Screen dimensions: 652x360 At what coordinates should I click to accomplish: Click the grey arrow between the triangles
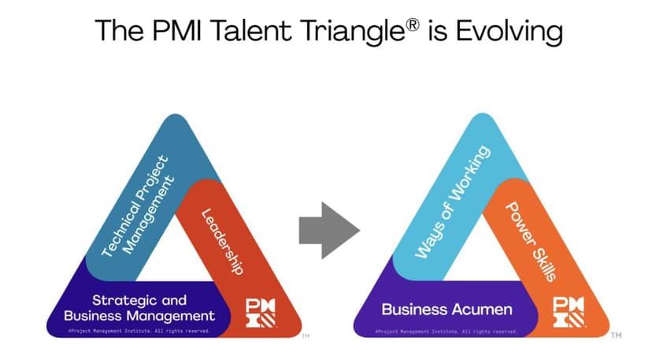click(329, 230)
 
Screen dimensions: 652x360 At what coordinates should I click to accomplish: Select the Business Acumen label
click(447, 310)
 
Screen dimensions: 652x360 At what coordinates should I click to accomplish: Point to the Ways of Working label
click(453, 202)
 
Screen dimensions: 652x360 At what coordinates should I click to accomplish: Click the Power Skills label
click(531, 242)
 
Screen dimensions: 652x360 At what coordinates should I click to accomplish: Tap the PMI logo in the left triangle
click(261, 313)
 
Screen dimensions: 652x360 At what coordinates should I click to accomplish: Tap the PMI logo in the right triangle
click(569, 312)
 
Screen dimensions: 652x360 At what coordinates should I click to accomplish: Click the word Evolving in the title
click(509, 31)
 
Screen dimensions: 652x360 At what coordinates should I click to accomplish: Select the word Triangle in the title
click(353, 31)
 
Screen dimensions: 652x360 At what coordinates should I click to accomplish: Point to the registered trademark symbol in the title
click(413, 25)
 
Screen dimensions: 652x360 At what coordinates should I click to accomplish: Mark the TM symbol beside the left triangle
click(306, 336)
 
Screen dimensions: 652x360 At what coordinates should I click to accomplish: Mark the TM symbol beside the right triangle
click(617, 335)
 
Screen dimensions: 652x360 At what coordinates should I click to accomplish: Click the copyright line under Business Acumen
click(446, 332)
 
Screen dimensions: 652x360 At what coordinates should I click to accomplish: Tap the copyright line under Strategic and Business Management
click(139, 332)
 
